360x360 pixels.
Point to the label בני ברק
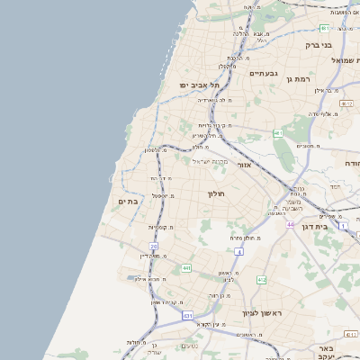[319, 44]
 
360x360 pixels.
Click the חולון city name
[215, 193]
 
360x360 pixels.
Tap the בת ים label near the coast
[127, 202]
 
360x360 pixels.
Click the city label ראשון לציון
[262, 312]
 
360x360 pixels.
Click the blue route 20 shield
[154, 246]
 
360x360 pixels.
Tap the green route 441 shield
[186, 268]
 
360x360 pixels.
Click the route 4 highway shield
[238, 252]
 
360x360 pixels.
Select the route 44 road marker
[291, 223]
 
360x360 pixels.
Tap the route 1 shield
[343, 225]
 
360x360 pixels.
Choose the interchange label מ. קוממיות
[162, 227]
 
